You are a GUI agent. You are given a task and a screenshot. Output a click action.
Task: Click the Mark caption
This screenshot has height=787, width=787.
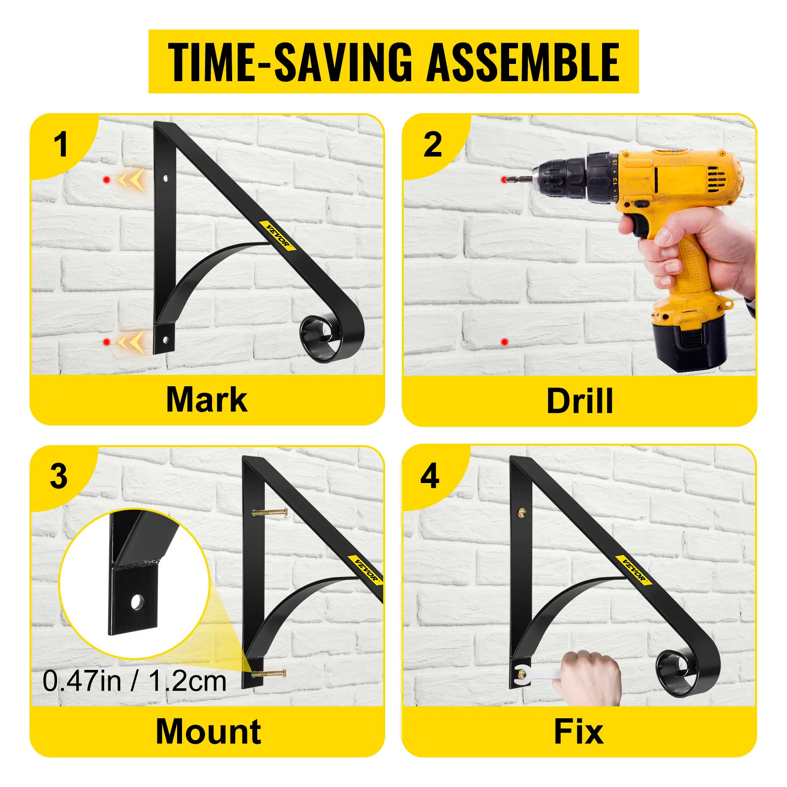click(x=207, y=399)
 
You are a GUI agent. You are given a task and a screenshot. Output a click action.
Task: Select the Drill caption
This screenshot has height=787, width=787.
click(x=580, y=401)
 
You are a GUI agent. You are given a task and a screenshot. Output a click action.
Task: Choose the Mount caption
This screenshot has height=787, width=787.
click(x=209, y=731)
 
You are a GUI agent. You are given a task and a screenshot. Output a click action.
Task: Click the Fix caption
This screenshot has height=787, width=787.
click(x=578, y=731)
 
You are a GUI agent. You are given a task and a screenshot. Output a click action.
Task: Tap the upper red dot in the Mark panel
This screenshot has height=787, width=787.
click(x=106, y=180)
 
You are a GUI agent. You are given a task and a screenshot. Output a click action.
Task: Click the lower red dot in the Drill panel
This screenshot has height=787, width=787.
click(x=504, y=341)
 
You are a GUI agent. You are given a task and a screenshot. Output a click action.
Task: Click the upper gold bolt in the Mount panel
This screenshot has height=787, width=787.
click(x=269, y=513)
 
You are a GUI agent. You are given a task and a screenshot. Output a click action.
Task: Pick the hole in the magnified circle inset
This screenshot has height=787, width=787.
click(x=137, y=602)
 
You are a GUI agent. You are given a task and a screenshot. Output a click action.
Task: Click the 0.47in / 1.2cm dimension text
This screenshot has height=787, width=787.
click(x=134, y=681)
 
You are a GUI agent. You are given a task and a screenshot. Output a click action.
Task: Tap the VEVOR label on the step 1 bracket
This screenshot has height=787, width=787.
click(x=278, y=235)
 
